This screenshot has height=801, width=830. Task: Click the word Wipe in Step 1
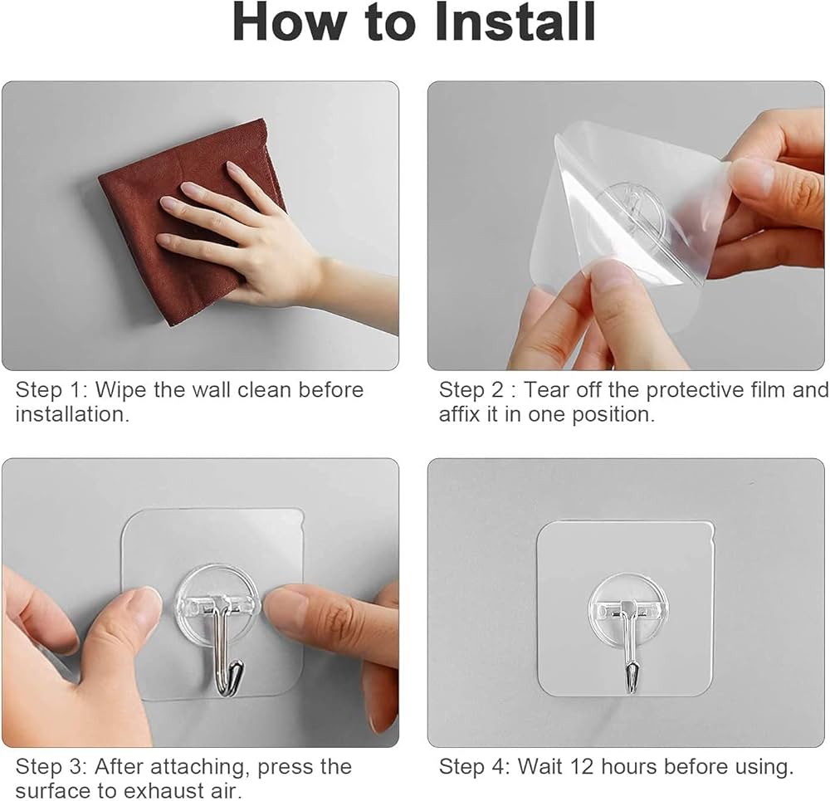pyautogui.click(x=121, y=389)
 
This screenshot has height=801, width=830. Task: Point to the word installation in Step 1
pyautogui.click(x=72, y=414)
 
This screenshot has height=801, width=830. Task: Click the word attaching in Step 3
pyautogui.click(x=198, y=768)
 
